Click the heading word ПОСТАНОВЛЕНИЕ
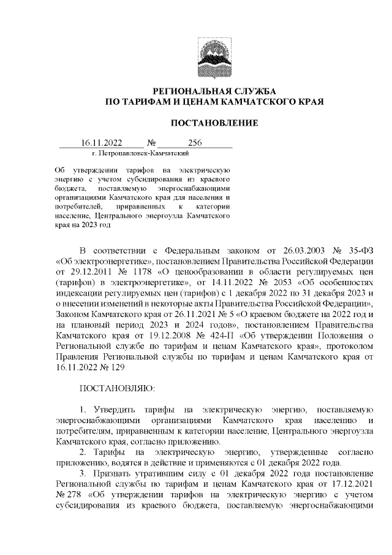[x=214, y=123]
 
